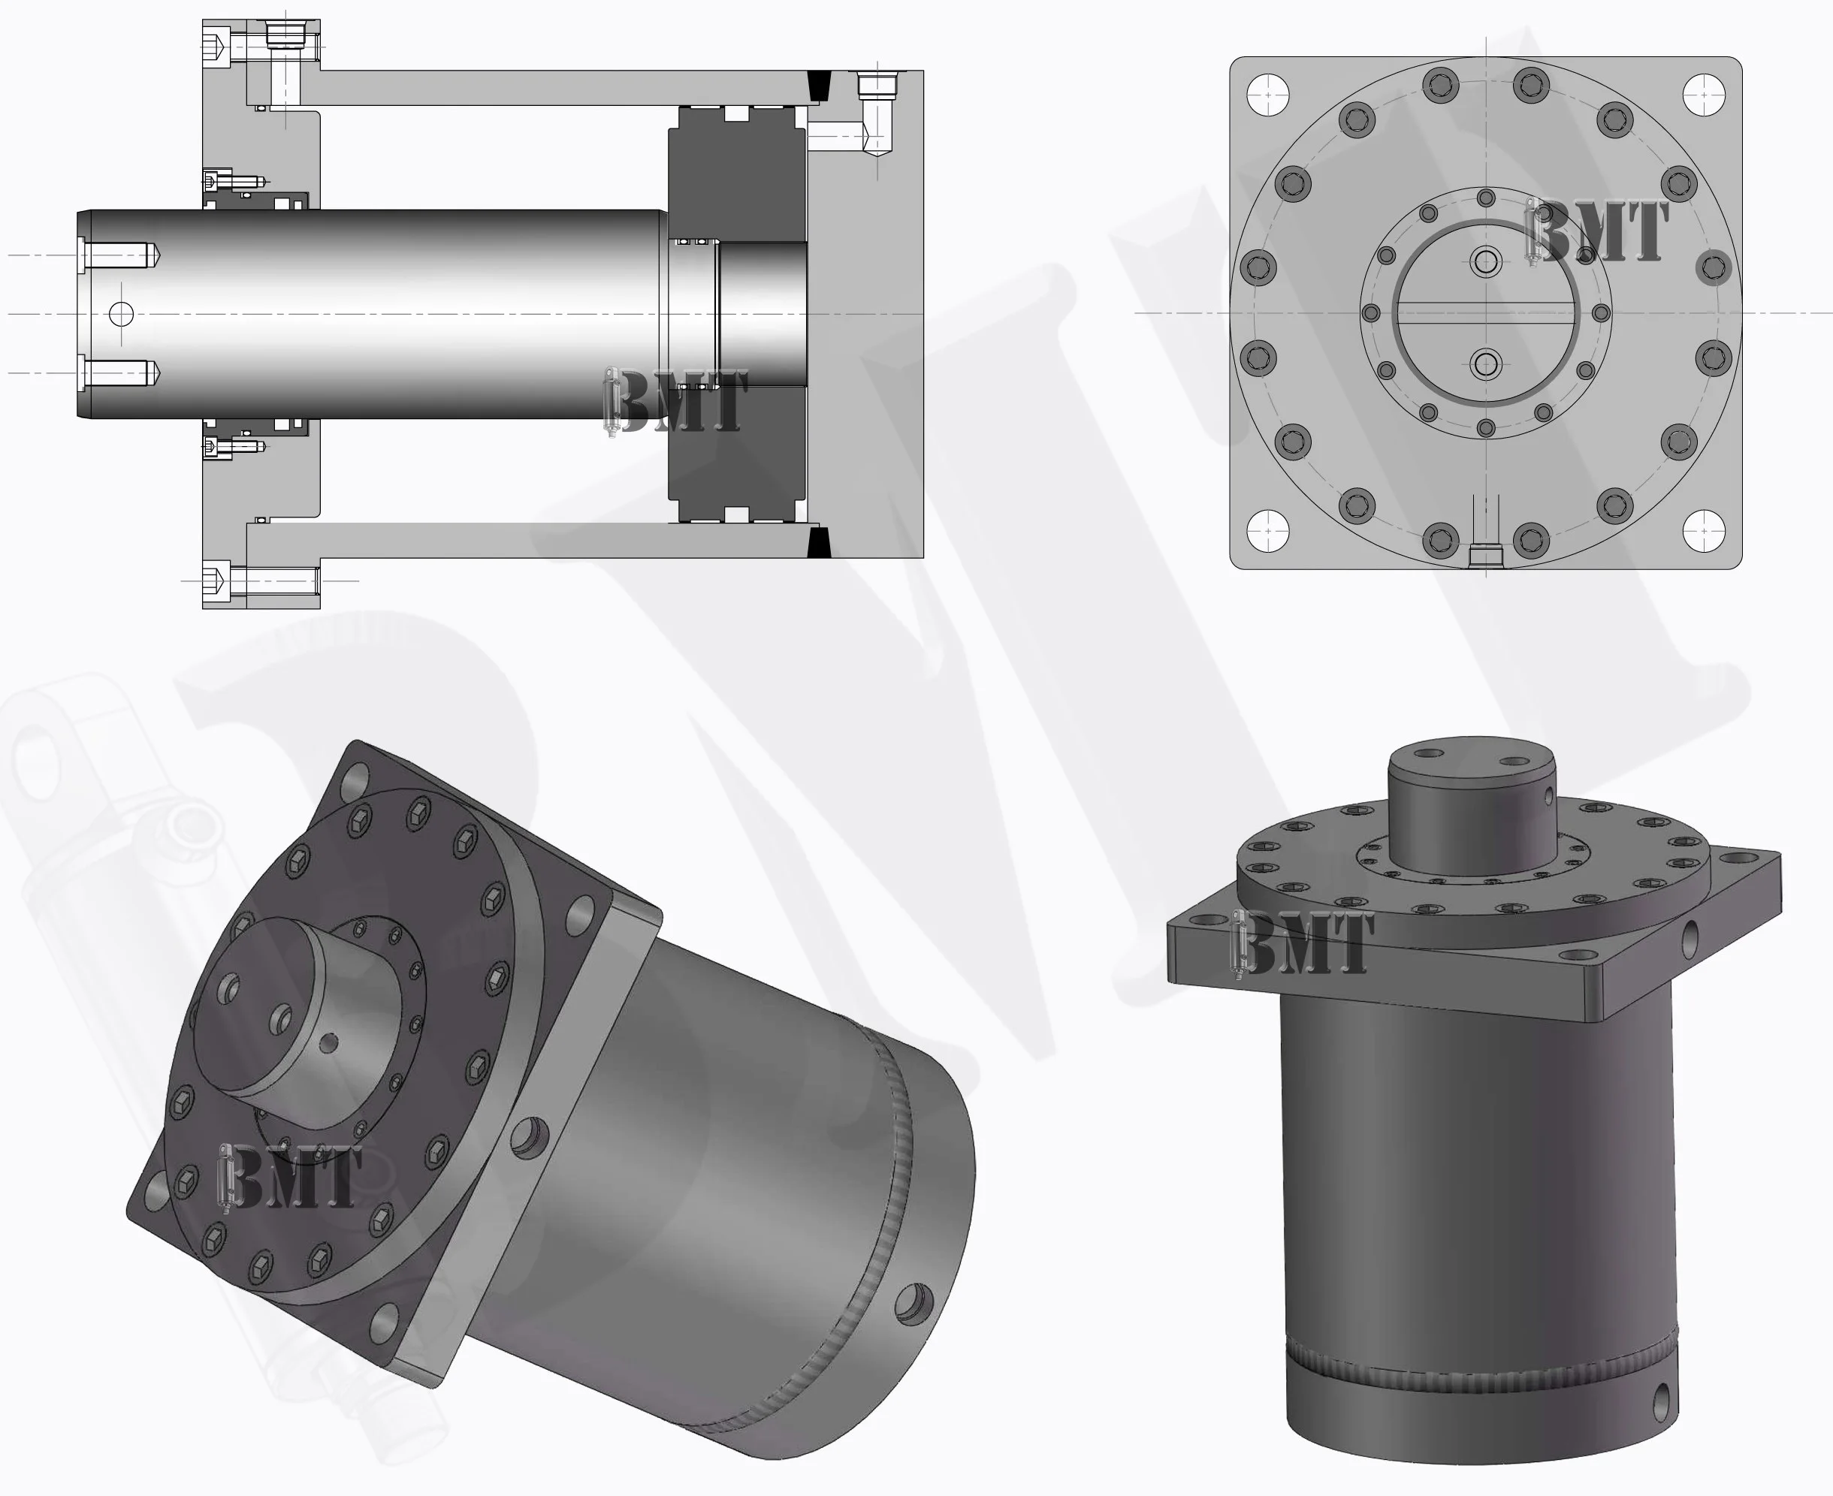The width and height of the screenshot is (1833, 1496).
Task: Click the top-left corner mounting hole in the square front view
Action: point(1267,94)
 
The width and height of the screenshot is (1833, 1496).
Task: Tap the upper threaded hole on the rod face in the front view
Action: point(1486,261)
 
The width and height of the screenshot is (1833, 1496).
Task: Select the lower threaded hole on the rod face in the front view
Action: point(1486,363)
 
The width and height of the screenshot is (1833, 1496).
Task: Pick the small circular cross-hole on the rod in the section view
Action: point(122,314)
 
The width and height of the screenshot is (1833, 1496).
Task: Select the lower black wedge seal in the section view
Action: point(819,543)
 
